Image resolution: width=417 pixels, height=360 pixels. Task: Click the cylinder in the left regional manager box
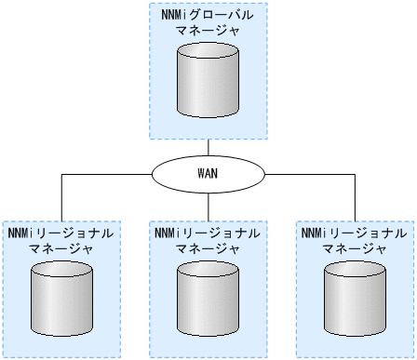point(61,300)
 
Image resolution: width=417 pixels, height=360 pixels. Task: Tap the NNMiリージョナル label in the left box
point(61,233)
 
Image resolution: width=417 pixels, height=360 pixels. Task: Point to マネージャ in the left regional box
point(61,248)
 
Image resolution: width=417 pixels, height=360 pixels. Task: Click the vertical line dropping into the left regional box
point(61,197)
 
